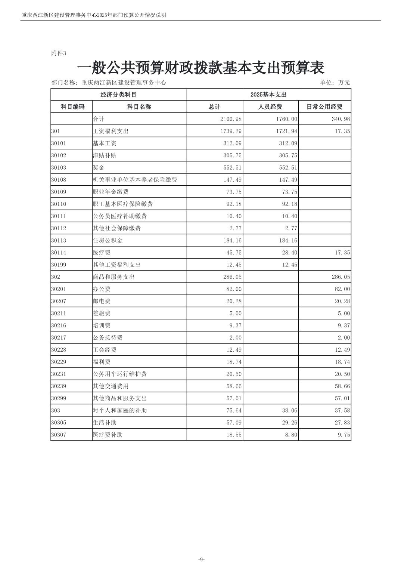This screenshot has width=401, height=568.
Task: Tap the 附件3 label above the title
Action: [x=59, y=53]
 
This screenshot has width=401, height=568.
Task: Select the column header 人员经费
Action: [x=270, y=107]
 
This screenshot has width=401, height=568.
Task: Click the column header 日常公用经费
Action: [x=324, y=107]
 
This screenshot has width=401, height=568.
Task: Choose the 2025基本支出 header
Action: [x=268, y=95]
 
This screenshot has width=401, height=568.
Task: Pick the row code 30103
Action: [x=59, y=168]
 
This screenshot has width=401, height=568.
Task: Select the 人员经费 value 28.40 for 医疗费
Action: [x=289, y=253]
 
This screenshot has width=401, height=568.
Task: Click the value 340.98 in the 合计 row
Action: [x=339, y=119]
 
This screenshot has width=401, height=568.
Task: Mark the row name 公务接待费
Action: [x=108, y=338]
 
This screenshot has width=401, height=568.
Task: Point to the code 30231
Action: [x=59, y=374]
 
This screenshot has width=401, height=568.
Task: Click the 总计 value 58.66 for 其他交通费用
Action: [x=234, y=386]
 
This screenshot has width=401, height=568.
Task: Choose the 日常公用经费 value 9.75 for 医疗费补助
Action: [x=344, y=435]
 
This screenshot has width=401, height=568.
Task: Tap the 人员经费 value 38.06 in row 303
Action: [x=289, y=411]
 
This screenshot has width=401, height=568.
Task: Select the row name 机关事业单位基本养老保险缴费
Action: [x=135, y=180]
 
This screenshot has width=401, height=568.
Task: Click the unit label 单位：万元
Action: [x=335, y=83]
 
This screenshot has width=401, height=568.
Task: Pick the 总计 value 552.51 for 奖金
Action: [x=232, y=168]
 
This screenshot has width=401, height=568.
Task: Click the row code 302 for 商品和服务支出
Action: [x=56, y=277]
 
